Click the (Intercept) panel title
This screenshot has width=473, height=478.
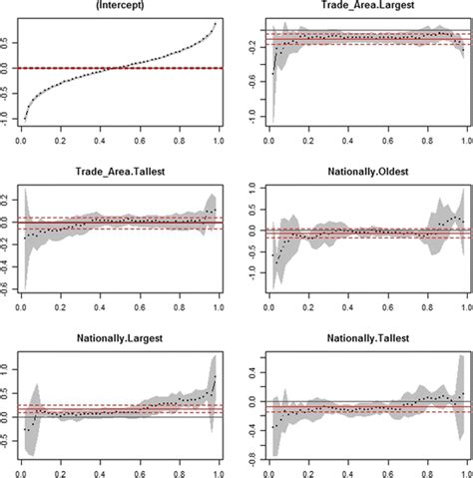click(122, 8)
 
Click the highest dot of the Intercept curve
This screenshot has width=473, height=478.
click(216, 23)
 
